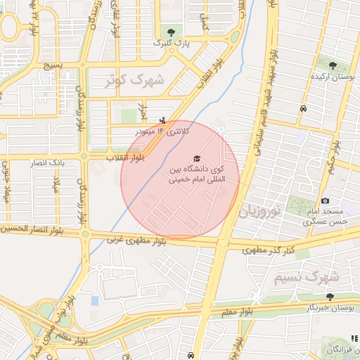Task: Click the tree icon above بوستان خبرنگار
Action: coord(330,297)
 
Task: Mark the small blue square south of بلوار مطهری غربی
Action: coord(95,301)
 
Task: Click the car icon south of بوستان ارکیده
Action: coord(302,109)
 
